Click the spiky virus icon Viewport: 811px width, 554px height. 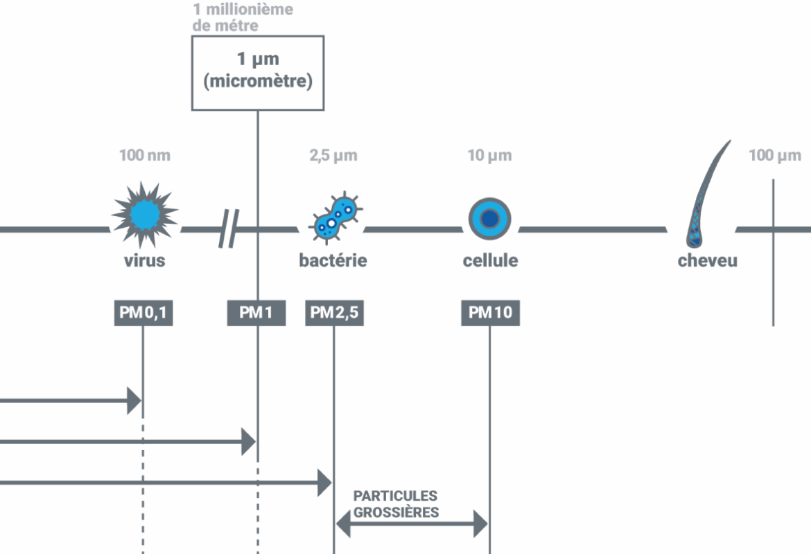[144, 215]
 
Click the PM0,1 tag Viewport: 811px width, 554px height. [143, 313]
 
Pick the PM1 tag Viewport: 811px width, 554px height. [256, 313]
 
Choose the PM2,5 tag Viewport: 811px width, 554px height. [334, 313]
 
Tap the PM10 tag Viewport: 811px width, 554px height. [490, 313]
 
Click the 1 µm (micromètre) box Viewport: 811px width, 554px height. [257, 72]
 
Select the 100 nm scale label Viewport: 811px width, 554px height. [144, 155]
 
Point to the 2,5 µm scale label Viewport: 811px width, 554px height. [333, 155]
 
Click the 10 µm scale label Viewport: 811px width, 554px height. [489, 155]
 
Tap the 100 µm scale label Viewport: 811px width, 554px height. [774, 155]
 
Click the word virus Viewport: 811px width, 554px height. [144, 261]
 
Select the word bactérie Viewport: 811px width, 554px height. [333, 261]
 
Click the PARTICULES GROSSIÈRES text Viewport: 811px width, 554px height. [396, 504]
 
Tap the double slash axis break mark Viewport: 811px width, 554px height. [228, 229]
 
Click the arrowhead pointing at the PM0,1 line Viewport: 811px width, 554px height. [134, 401]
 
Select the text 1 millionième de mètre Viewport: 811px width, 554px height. [243, 18]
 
